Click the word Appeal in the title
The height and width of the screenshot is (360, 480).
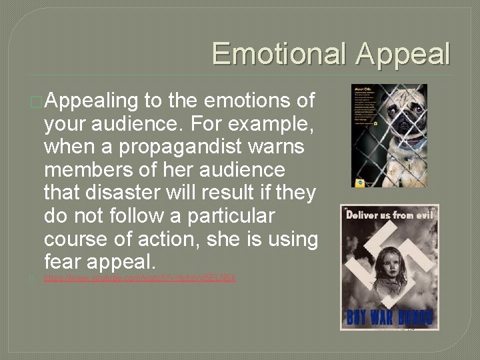403,54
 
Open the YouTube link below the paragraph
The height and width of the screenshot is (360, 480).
140,277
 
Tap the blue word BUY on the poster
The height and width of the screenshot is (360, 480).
357,317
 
